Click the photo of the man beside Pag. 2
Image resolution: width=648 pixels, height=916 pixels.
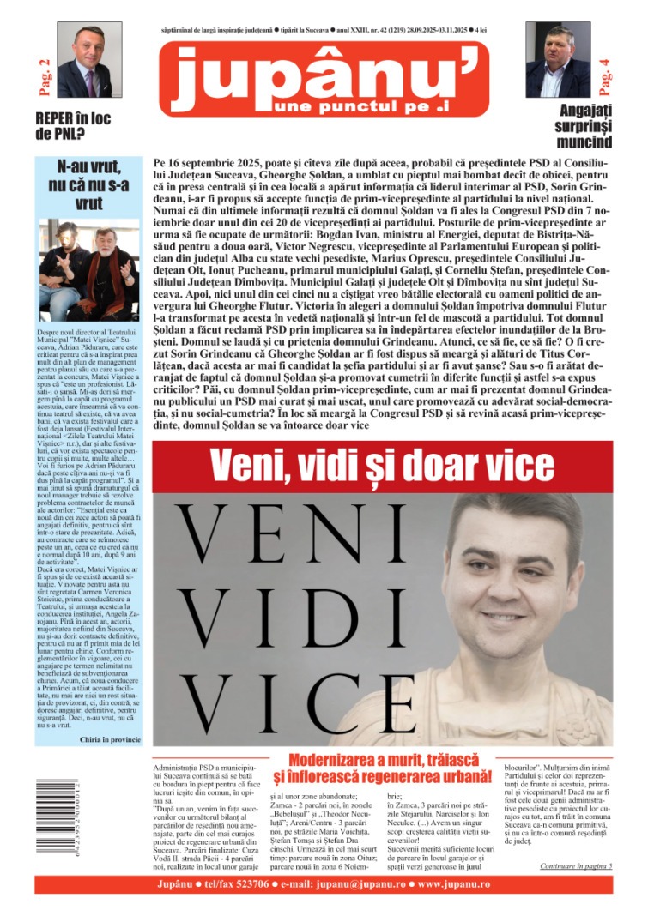(x=89, y=59)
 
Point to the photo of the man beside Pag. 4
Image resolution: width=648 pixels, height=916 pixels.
(x=558, y=59)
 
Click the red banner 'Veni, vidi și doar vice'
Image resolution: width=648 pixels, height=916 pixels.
(x=382, y=467)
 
